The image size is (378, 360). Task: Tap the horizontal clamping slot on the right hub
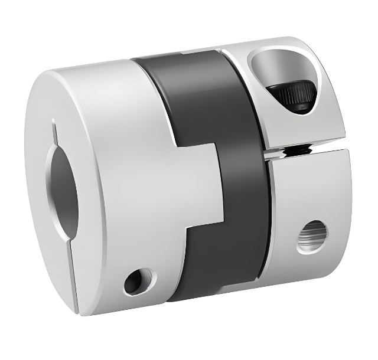pos(307,152)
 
